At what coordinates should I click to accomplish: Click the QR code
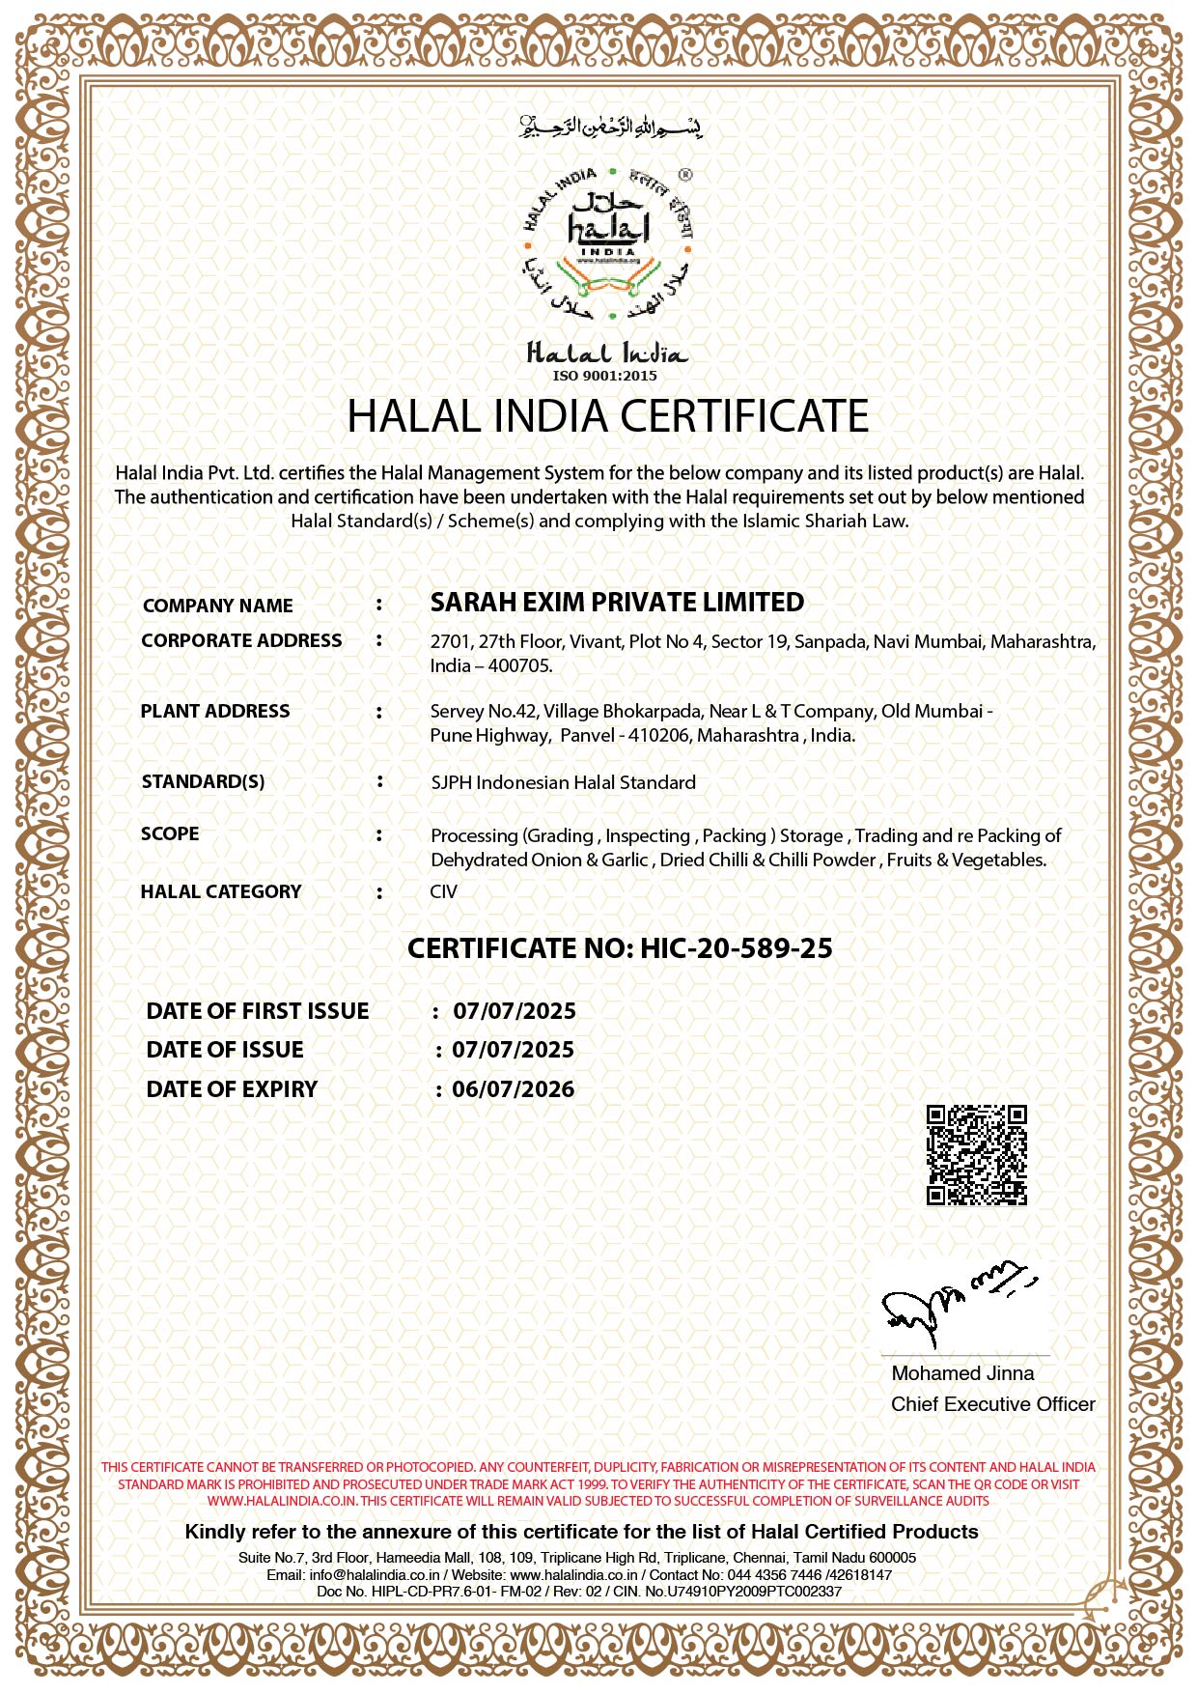click(976, 1155)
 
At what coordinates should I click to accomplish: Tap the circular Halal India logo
click(608, 243)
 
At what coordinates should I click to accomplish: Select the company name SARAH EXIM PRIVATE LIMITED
click(617, 603)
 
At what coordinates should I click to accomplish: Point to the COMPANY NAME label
click(217, 606)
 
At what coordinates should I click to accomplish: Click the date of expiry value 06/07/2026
click(514, 1089)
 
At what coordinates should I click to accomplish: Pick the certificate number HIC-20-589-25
click(736, 948)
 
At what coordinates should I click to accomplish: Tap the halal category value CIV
click(444, 891)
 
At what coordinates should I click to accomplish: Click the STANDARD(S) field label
click(203, 781)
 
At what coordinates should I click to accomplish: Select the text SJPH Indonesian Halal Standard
click(563, 782)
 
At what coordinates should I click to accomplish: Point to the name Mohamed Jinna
click(962, 1373)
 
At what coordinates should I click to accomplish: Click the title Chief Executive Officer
click(992, 1404)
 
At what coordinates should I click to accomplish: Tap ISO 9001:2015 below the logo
click(604, 376)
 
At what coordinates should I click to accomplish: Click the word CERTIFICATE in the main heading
click(743, 416)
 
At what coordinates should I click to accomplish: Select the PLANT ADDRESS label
click(214, 711)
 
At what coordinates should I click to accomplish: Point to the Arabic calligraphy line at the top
click(610, 127)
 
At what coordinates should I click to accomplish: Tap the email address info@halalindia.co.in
click(375, 1574)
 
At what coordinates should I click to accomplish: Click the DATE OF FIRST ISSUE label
click(258, 1011)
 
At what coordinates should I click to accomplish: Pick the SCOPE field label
click(170, 833)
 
